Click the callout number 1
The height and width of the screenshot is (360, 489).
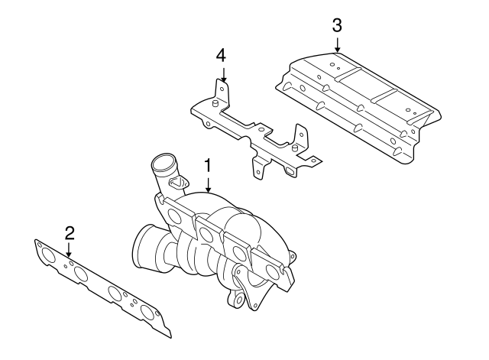pyautogui.click(x=206, y=164)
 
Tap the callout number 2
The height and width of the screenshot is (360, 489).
pyautogui.click(x=69, y=232)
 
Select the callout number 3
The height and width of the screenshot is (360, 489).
pyautogui.click(x=337, y=24)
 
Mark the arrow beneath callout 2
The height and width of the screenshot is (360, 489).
pyautogui.click(x=69, y=248)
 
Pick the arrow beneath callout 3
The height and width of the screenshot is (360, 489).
pyautogui.click(x=337, y=44)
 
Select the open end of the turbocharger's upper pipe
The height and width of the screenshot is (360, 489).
pyautogui.click(x=162, y=163)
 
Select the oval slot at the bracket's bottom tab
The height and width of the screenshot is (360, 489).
pyautogui.click(x=290, y=173)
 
